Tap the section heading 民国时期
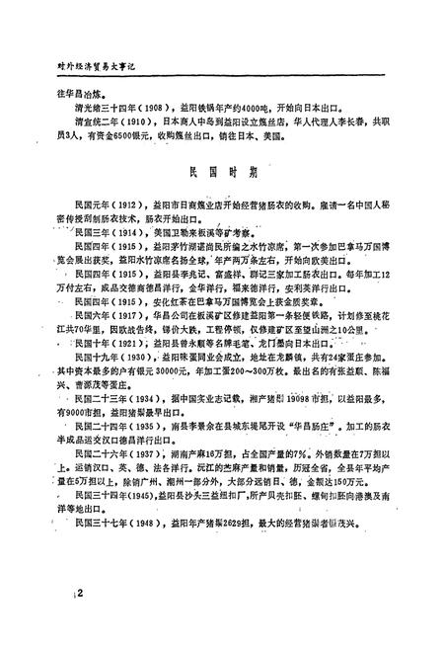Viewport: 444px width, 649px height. pos(222,168)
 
